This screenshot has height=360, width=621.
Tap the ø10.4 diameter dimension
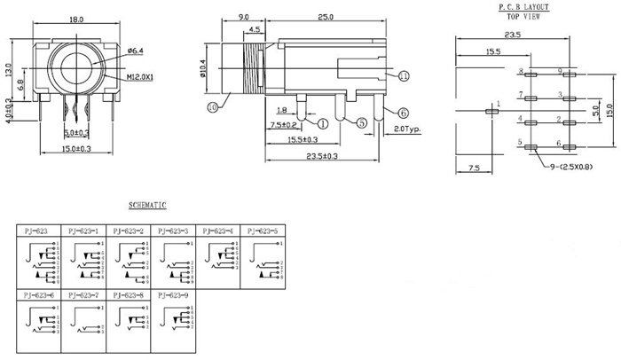(x=204, y=69)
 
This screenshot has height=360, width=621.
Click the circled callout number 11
(x=405, y=77)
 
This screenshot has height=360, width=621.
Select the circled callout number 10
(x=212, y=107)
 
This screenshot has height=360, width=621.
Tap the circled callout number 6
(x=403, y=113)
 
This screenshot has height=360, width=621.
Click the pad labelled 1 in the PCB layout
(x=490, y=111)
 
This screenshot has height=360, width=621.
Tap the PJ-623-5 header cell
(x=263, y=230)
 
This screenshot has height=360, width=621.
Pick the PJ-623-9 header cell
(x=175, y=293)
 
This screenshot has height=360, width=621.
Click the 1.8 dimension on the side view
(x=282, y=110)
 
